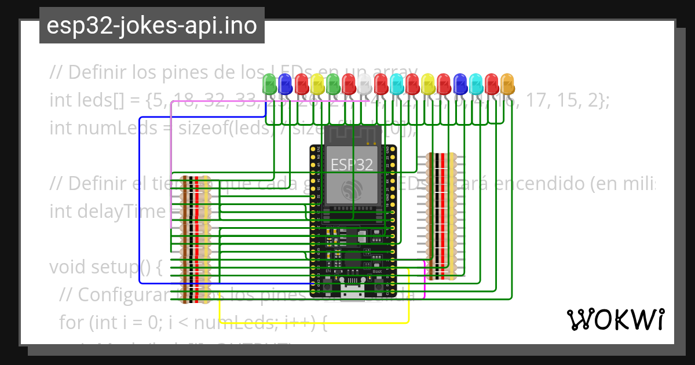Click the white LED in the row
[364, 84]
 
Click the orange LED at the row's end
[507, 84]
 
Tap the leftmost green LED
[269, 84]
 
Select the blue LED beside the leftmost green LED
[285, 84]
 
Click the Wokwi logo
[615, 319]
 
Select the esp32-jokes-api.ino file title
[152, 26]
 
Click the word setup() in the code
[130, 268]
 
